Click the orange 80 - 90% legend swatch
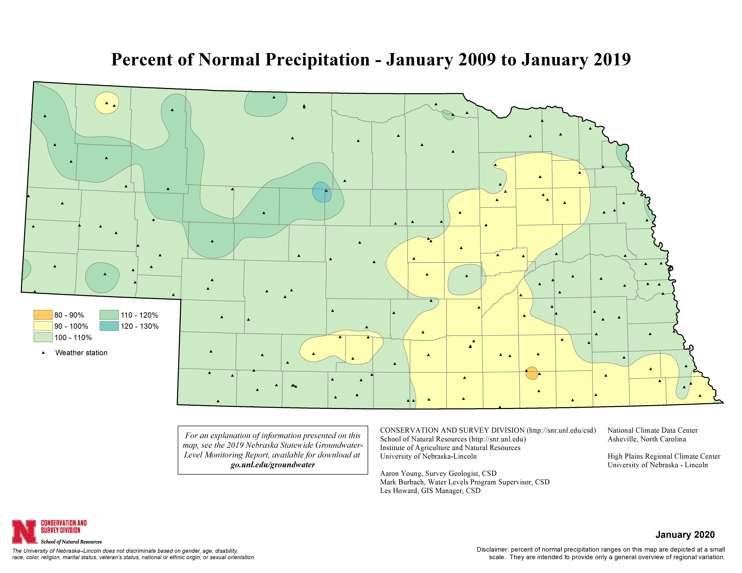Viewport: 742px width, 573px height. click(x=43, y=315)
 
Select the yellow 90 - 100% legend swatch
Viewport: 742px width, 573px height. click(x=43, y=326)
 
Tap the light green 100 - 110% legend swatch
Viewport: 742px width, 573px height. click(x=43, y=337)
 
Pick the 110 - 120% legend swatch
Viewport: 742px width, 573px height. click(x=109, y=315)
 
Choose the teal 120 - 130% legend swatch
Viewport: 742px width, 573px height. click(x=109, y=326)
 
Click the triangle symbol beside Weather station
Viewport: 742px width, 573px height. click(x=43, y=353)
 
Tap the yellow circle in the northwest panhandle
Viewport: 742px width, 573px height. click(x=107, y=103)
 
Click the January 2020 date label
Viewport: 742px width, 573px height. click(x=685, y=535)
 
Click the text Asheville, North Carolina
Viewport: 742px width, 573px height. click(x=647, y=439)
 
